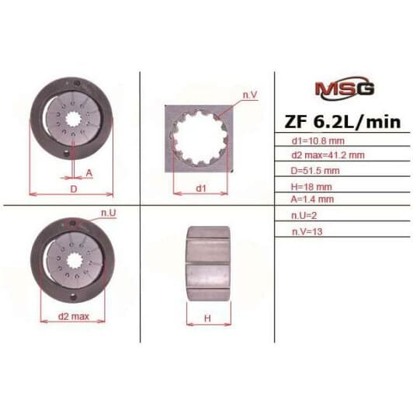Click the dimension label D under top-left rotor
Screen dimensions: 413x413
coord(73,188)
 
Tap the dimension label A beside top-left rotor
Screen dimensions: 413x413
coord(89,173)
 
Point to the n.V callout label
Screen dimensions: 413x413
coord(249,94)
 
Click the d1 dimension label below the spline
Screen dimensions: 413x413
coord(200,188)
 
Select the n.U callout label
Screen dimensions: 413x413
coord(108,211)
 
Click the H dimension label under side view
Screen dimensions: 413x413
coord(208,318)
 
